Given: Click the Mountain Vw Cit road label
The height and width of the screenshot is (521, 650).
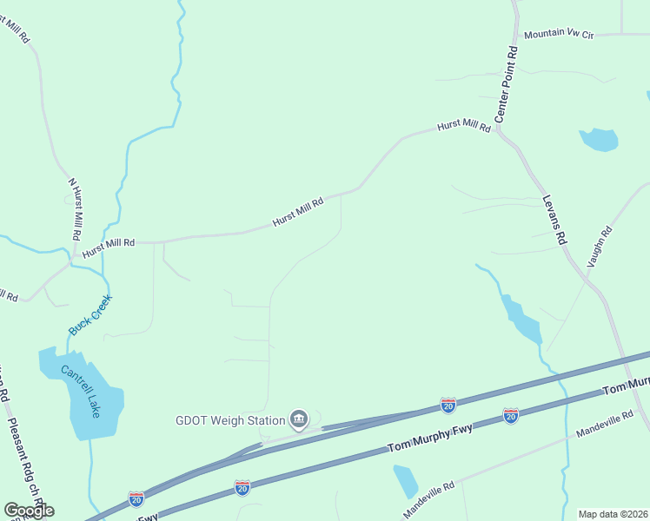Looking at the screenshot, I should click(x=558, y=36).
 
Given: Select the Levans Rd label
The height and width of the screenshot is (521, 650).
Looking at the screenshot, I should click(x=554, y=218).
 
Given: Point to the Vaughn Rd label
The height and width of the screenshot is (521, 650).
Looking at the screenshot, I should click(x=600, y=246).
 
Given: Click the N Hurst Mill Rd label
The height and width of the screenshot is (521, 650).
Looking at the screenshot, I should click(x=75, y=209).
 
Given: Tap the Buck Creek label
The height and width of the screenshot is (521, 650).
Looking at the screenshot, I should click(x=90, y=314).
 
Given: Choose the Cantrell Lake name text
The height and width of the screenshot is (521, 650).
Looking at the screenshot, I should click(x=81, y=391).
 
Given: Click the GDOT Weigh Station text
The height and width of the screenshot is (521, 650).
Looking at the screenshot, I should click(x=230, y=421).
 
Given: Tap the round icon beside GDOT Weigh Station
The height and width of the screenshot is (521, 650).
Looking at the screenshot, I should click(x=299, y=420).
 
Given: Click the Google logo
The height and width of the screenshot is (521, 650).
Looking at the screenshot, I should click(x=29, y=510).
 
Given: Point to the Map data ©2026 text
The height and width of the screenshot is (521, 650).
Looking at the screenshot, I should click(x=613, y=514).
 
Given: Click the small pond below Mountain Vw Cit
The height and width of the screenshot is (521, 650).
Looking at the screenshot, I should click(x=599, y=139).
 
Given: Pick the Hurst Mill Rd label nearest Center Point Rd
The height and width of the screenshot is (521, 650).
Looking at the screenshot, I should click(x=464, y=126).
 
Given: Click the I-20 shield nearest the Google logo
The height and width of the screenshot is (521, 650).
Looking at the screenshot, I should click(x=136, y=498).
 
